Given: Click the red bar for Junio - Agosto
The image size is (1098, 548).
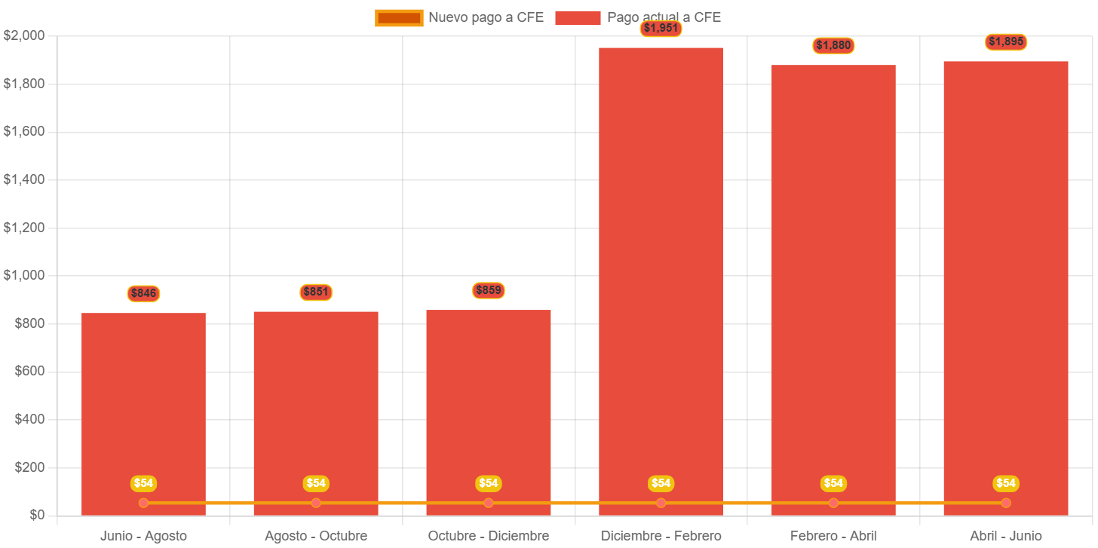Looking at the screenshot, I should coord(143,407).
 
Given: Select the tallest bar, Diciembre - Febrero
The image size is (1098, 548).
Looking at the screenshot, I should coord(661,279).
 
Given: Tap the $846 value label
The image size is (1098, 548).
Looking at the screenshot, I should coord(143,293).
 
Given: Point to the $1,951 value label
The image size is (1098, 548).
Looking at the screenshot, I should coord(661,29).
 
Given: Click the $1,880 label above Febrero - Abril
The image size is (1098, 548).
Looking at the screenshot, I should coord(833,45).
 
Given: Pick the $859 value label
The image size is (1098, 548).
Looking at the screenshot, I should coord(489,290).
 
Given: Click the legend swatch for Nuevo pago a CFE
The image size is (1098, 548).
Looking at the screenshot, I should coord(399,18).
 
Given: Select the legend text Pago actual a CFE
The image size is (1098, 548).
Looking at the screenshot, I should coord(664,17).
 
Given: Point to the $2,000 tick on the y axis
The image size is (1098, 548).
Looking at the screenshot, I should coord(24,35).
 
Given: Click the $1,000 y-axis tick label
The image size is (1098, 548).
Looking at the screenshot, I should coord(24,275).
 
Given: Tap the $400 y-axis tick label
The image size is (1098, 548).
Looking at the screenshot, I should coord(29,419).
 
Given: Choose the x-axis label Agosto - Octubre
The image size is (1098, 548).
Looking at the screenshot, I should coord(316,536).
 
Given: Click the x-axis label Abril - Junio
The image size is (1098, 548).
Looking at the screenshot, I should coord(1006,536).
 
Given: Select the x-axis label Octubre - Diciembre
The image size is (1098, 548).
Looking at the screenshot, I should coord(489,536).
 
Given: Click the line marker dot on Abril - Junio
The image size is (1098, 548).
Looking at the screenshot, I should coord(1006,503).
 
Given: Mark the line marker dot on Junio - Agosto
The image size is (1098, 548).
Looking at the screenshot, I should coord(143,503).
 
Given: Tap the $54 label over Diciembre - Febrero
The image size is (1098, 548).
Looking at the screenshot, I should coord(661,483).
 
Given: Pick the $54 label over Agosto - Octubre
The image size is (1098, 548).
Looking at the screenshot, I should coord(316,483).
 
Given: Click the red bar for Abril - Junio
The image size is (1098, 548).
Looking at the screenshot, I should coord(1006,286).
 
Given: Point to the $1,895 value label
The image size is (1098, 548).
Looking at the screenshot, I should coord(1006,42).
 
